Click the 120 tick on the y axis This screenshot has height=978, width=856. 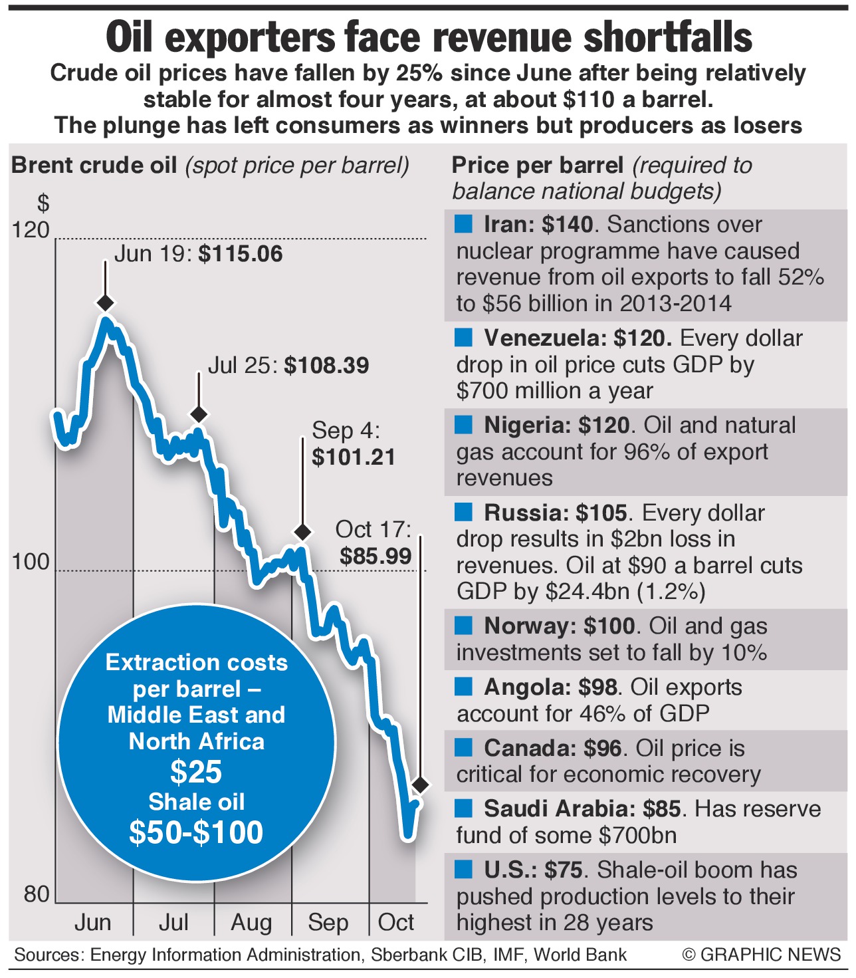pyautogui.click(x=31, y=230)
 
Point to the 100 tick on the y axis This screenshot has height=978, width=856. pyautogui.click(x=31, y=562)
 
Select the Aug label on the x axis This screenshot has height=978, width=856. pyautogui.click(x=251, y=923)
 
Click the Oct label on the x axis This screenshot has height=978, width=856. pyautogui.click(x=395, y=923)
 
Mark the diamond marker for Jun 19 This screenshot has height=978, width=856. pyautogui.click(x=105, y=303)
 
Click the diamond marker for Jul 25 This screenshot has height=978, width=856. pyautogui.click(x=199, y=414)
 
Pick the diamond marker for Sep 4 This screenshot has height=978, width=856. pyautogui.click(x=302, y=532)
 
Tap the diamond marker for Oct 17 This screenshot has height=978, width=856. pyautogui.click(x=419, y=785)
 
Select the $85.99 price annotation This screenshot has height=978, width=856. pyautogui.click(x=375, y=556)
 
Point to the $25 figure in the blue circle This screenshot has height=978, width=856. pyautogui.click(x=196, y=772)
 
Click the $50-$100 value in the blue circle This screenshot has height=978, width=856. pyautogui.click(x=196, y=832)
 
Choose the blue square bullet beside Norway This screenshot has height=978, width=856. pyautogui.click(x=463, y=625)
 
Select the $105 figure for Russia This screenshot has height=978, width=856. pyautogui.click(x=601, y=513)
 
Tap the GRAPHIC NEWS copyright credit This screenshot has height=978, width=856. pyautogui.click(x=762, y=955)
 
